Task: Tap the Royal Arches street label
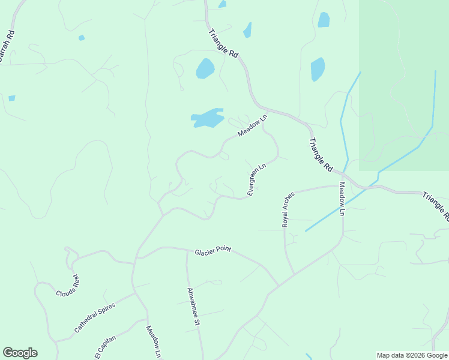pyautogui.click(x=289, y=209)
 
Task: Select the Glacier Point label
pyautogui.click(x=213, y=251)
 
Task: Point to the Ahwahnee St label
pyautogui.click(x=193, y=306)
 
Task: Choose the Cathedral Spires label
pyautogui.click(x=94, y=317)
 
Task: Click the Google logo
pyautogui.click(x=20, y=353)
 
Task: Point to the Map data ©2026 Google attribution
pyautogui.click(x=412, y=355)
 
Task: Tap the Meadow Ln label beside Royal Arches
pyautogui.click(x=342, y=199)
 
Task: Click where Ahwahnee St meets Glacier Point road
pyautogui.click(x=187, y=250)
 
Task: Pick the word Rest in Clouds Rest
pyautogui.click(x=75, y=281)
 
